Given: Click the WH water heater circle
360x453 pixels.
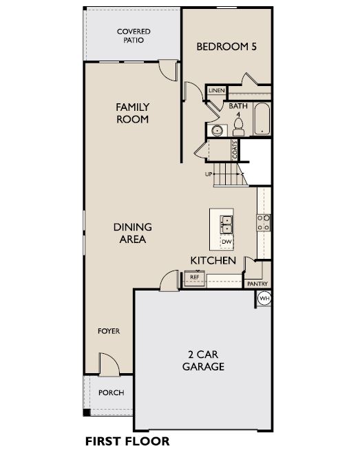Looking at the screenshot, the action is coord(264,298).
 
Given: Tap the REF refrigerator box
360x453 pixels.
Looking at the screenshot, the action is coord(194,278).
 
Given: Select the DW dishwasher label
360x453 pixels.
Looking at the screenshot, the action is coord(226,241).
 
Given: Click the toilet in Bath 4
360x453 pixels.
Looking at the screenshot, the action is coord(238,127).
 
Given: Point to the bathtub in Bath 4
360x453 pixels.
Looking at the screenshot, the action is coord(262,118).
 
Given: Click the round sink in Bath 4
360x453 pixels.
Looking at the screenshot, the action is coord(217,131).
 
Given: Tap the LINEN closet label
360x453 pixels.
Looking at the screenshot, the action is coord(217,90).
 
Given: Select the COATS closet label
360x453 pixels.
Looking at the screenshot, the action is coord(235,149).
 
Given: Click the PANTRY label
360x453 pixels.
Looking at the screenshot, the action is coord(257,284).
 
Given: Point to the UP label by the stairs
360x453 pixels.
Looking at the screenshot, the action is coord(209,174).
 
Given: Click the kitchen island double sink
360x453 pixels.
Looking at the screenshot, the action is coord(226,224).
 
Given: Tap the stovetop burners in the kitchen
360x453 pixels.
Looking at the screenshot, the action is coord(264,222).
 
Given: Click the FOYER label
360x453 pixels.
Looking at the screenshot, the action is coord(109,331).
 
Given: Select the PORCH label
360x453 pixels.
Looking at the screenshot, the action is coord(112,392).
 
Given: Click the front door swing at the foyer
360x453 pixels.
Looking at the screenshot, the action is coord(109,364).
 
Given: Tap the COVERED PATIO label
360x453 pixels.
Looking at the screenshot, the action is coord(134,36).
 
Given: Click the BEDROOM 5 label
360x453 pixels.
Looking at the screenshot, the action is coord(226,47).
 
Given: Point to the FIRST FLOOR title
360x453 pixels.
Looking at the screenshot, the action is coord(127,441).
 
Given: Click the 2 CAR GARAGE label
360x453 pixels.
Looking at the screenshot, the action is coord(203,360).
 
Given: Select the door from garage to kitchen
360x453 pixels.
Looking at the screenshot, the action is coord(169,280).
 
